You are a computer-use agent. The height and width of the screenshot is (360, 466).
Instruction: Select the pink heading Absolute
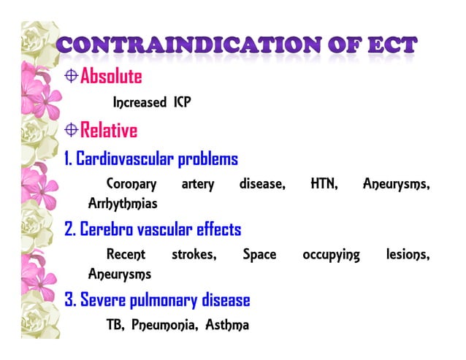[x=111, y=76]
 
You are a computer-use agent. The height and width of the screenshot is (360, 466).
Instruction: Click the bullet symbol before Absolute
[x=72, y=75]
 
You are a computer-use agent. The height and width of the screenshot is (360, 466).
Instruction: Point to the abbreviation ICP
[x=182, y=102]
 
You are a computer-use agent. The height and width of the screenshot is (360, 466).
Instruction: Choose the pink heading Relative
[x=109, y=131]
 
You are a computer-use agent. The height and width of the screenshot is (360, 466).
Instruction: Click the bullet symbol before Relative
[x=72, y=130]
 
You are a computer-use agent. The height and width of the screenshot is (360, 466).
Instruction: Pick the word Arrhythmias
[x=123, y=203]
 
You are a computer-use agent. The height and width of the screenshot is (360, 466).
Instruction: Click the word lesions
[x=408, y=255]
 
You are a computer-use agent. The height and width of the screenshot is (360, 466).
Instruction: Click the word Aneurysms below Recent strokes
[x=120, y=274]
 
